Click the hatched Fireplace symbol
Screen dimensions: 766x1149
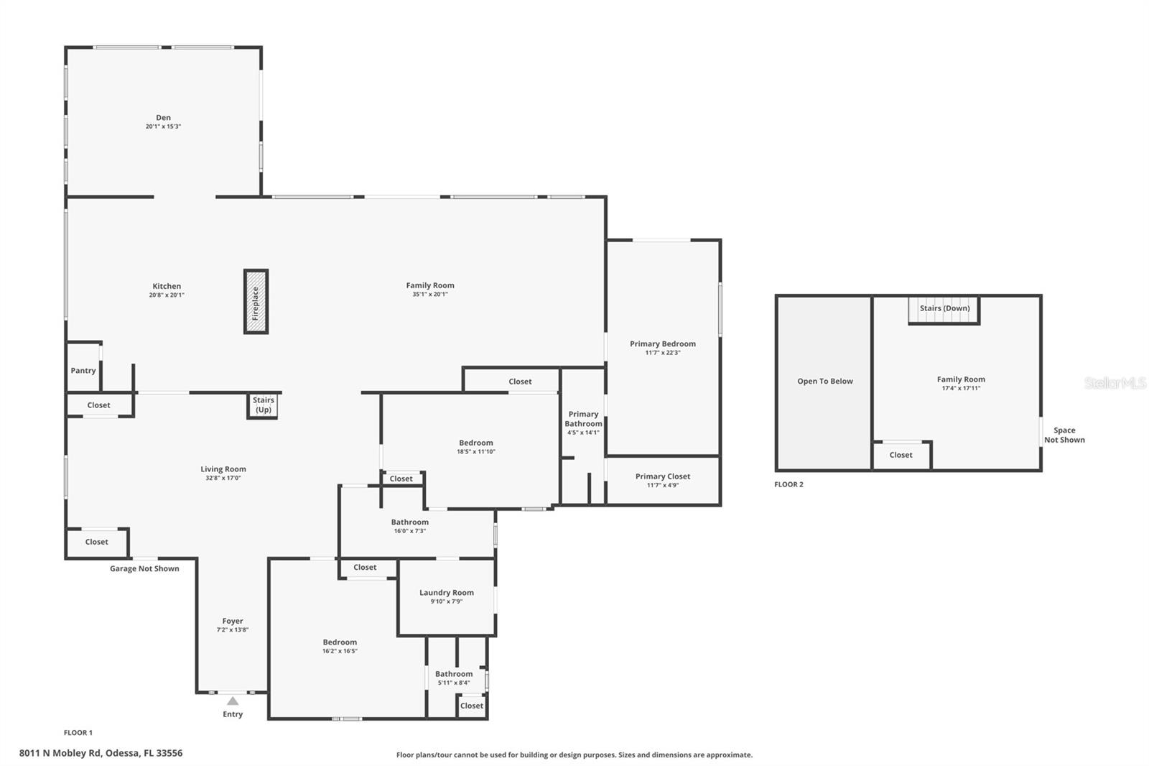pos(256,302)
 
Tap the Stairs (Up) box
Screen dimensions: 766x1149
pos(264,405)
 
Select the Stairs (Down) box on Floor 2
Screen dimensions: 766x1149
pos(944,309)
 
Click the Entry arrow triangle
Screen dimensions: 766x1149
pos(233,701)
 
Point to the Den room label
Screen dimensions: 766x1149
pos(164,118)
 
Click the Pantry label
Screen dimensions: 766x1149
pos(83,371)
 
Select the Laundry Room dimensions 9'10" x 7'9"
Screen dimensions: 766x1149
pos(447,601)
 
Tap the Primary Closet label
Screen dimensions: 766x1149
pos(662,476)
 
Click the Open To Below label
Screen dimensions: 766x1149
pos(824,382)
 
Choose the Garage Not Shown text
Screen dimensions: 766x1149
pos(144,568)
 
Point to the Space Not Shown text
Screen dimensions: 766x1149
pos(1064,435)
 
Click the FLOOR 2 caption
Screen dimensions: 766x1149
pos(789,484)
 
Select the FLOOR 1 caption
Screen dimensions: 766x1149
pos(78,733)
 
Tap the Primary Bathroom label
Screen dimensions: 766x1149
pos(583,419)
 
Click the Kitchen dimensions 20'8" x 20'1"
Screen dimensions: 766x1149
pos(167,295)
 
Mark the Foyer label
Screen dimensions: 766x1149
pos(233,621)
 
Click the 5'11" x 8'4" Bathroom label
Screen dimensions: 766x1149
pos(454,674)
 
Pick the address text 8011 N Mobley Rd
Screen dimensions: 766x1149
pos(101,753)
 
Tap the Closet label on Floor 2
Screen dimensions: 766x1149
pos(901,455)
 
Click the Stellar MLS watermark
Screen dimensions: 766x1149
pos(1115,384)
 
